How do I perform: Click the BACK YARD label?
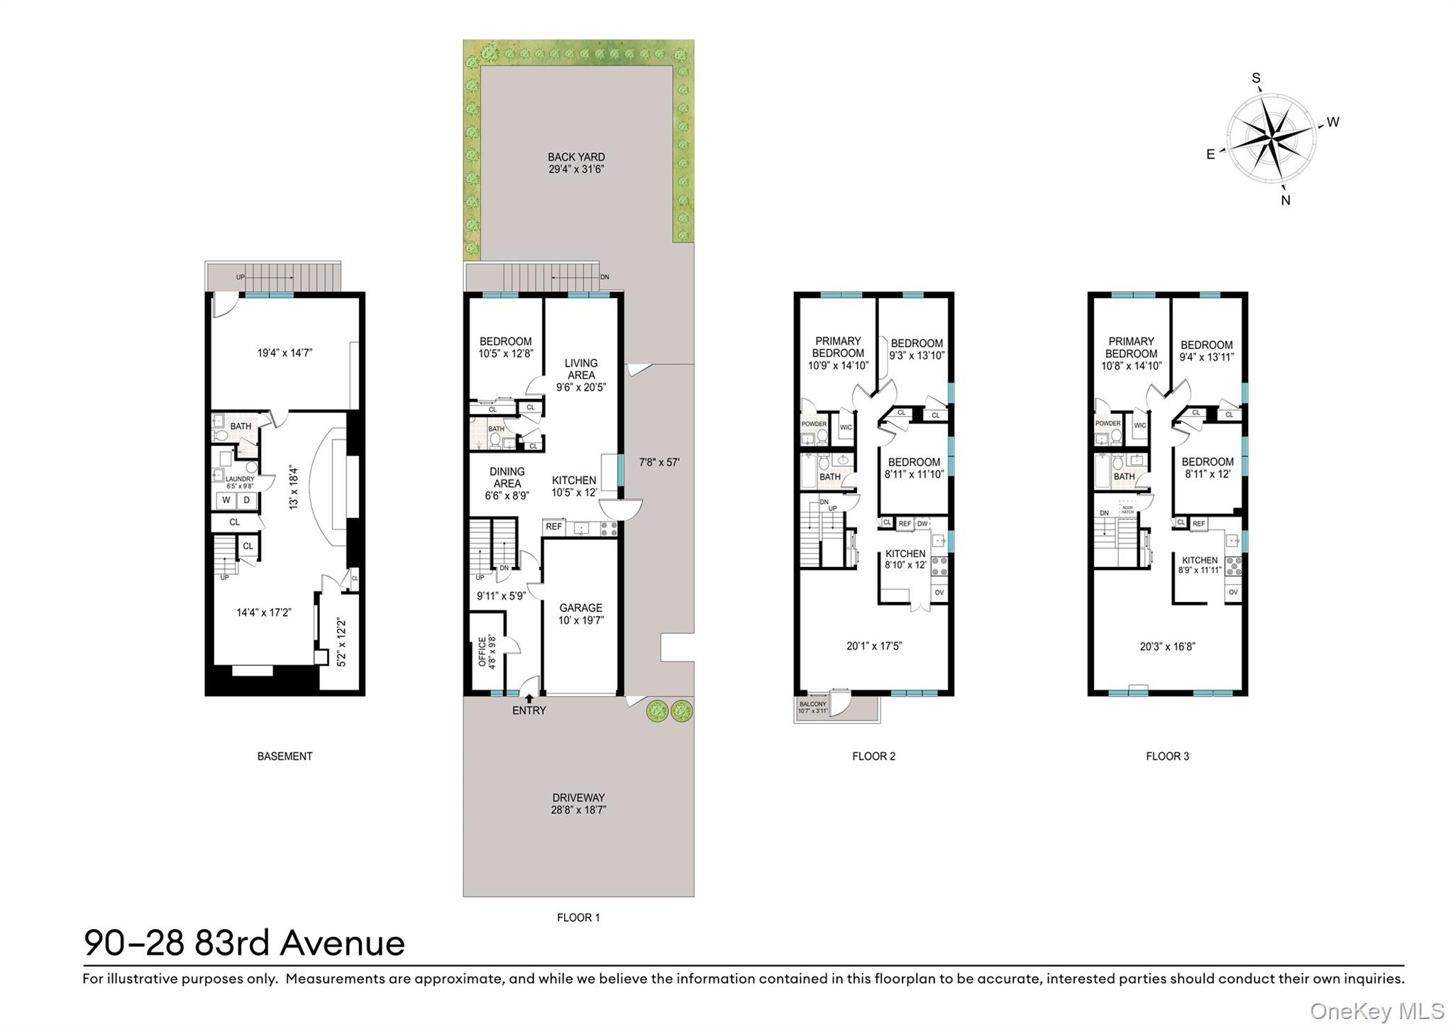click(x=576, y=157)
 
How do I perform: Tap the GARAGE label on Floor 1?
click(x=580, y=608)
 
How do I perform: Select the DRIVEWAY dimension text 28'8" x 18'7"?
click(x=578, y=809)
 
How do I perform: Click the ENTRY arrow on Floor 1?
click(x=529, y=698)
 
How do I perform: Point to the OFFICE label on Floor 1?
click(x=482, y=651)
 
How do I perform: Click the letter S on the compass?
click(x=1256, y=78)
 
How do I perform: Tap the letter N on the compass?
click(x=1286, y=200)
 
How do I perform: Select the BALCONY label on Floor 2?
click(x=812, y=704)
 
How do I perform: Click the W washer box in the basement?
click(x=226, y=500)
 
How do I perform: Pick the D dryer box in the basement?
click(x=247, y=500)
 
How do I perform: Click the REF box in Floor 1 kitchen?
click(x=554, y=527)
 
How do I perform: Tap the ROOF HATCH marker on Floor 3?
click(x=1127, y=508)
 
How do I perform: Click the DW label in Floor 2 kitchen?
click(x=922, y=524)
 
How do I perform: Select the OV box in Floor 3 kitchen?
click(x=1233, y=592)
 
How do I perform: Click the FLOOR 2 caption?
click(x=873, y=756)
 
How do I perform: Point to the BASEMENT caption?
click(x=284, y=756)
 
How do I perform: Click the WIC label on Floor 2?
click(x=846, y=427)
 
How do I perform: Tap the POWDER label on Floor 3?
click(x=1107, y=424)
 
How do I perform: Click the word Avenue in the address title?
click(x=342, y=943)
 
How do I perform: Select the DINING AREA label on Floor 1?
click(x=507, y=477)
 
